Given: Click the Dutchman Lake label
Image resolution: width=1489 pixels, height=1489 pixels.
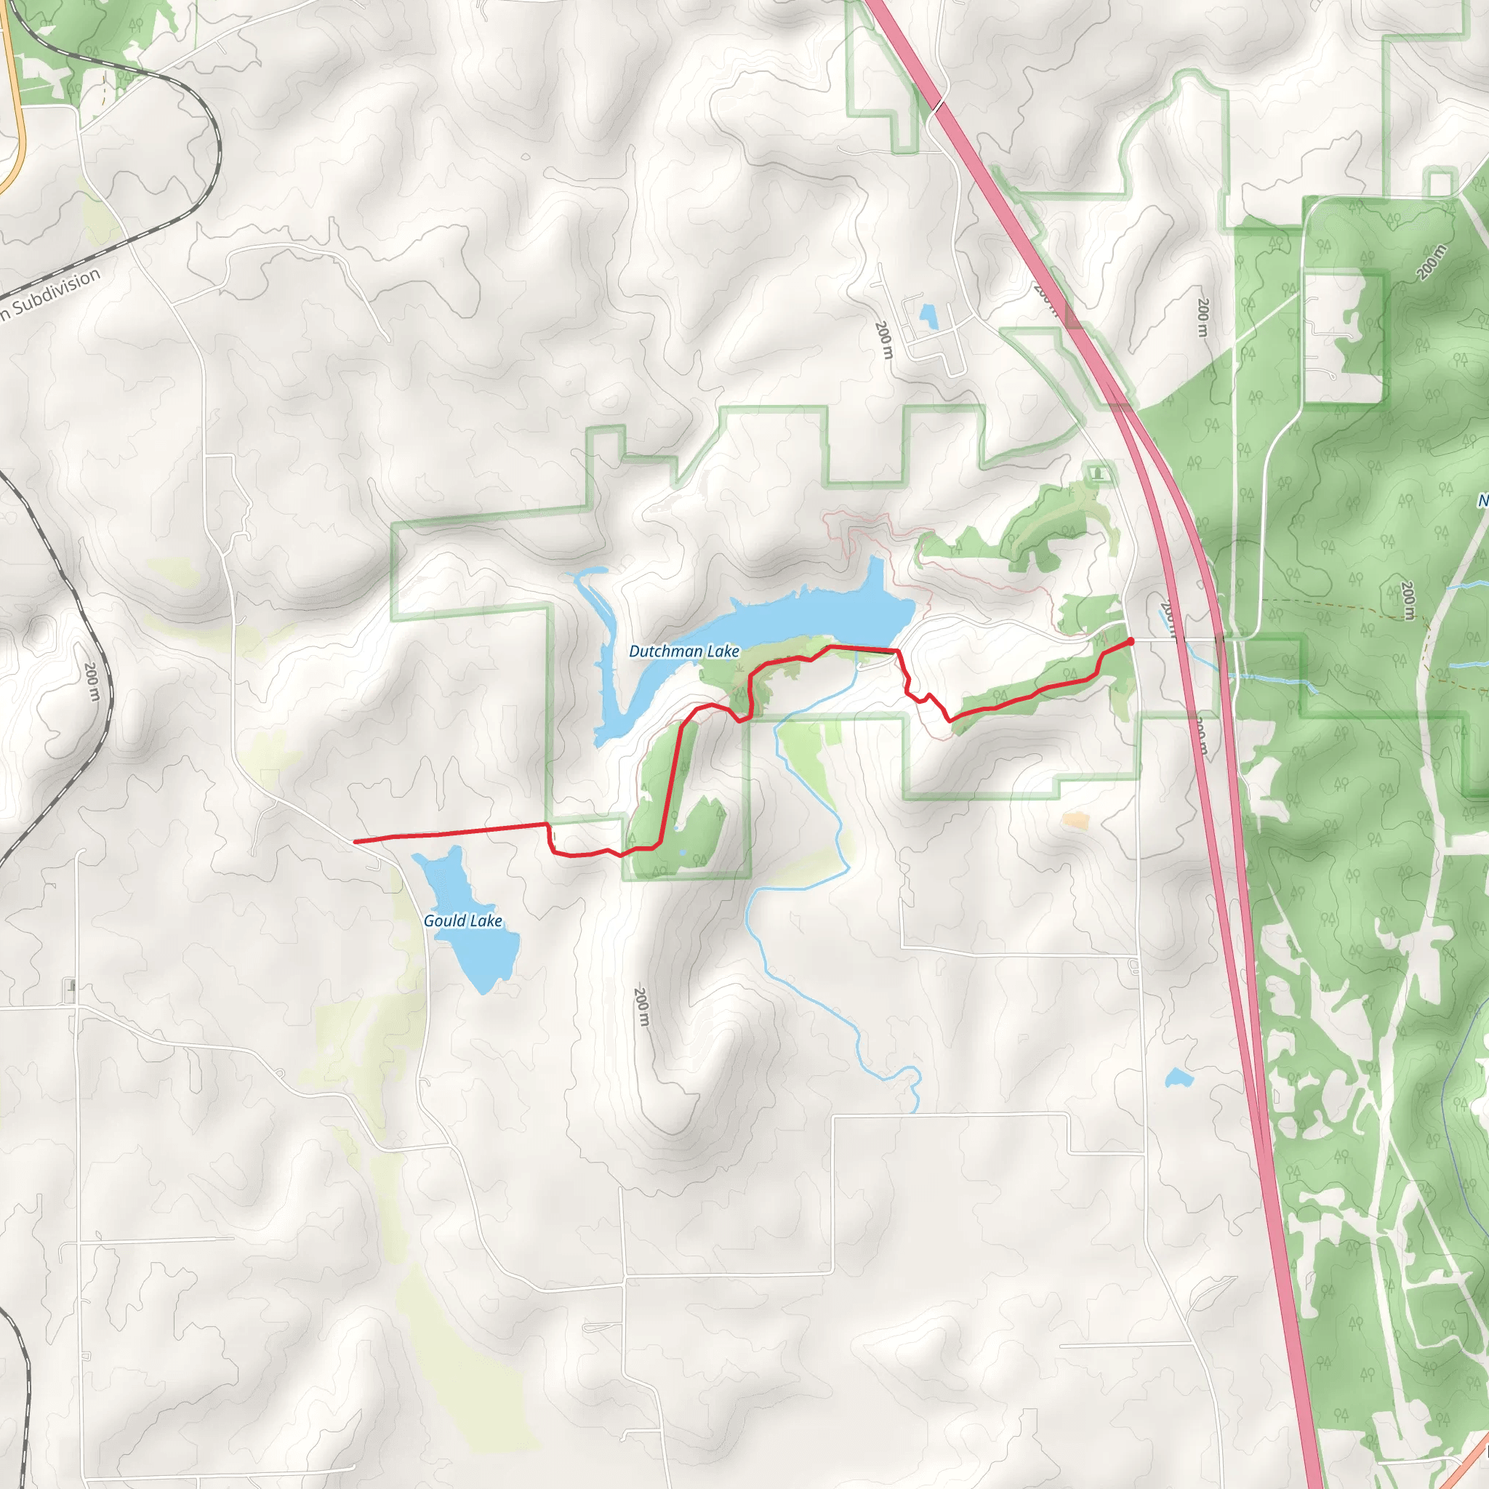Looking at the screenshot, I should pyautogui.click(x=683, y=651).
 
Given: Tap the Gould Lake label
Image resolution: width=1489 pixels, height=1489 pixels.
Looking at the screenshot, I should pyautogui.click(x=462, y=921).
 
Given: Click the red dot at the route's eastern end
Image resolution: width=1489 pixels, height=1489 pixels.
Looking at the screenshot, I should pyautogui.click(x=1131, y=641).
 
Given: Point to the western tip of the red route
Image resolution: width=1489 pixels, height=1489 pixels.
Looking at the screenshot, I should pyautogui.click(x=356, y=842).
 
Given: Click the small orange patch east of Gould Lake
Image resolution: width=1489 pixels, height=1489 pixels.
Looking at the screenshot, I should pyautogui.click(x=1075, y=821).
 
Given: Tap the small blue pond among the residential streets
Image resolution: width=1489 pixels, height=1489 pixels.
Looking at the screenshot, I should pyautogui.click(x=928, y=316).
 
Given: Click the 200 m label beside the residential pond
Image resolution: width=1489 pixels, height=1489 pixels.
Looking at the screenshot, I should pyautogui.click(x=884, y=340).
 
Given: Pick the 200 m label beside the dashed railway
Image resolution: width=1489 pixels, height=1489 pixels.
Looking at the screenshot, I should pyautogui.click(x=92, y=681).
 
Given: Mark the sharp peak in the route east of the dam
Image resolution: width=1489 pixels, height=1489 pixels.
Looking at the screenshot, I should pyautogui.click(x=930, y=695).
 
